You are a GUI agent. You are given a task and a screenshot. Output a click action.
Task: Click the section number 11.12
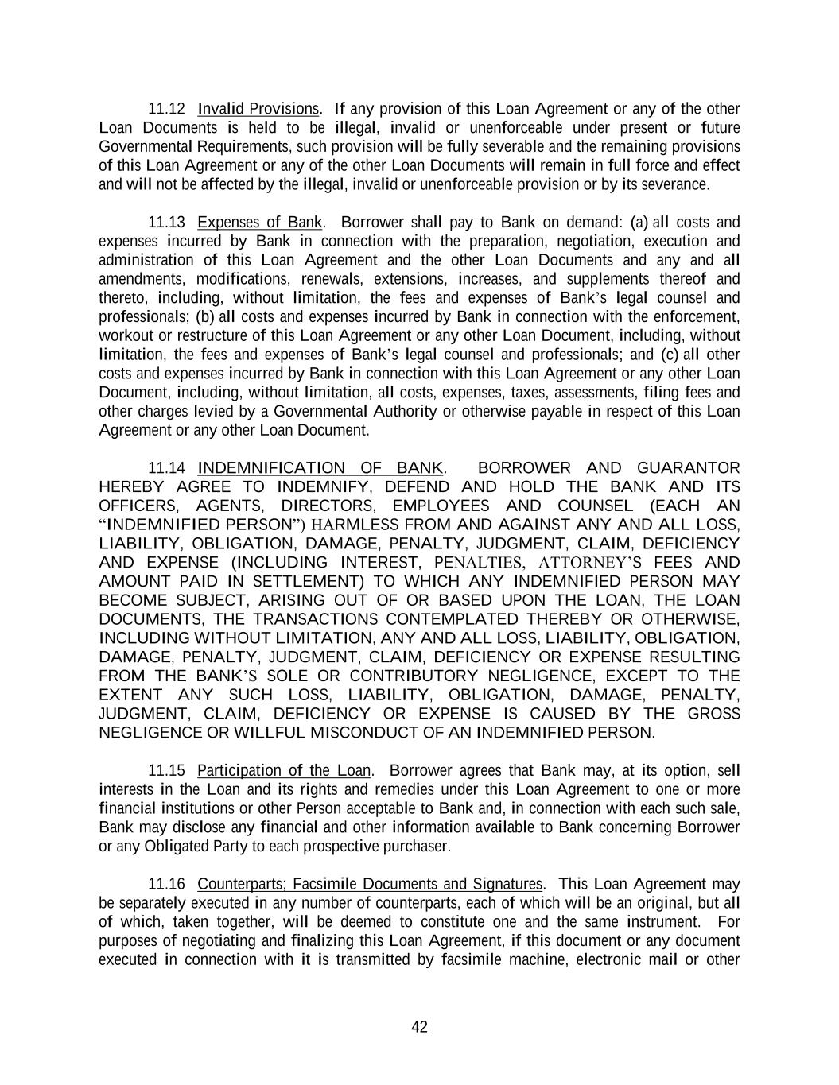coord(167,109)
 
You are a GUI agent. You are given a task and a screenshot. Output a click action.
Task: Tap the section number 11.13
coord(167,223)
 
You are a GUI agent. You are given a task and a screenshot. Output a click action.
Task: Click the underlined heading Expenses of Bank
coord(259,223)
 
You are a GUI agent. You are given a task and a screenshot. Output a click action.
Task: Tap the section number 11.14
coord(167,468)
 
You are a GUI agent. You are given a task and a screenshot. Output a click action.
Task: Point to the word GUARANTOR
coord(689,468)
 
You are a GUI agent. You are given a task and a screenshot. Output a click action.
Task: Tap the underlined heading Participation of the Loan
coord(284,771)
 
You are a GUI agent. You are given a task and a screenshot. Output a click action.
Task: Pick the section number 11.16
coord(167,885)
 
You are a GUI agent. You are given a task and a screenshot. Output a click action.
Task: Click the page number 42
coord(420,1028)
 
